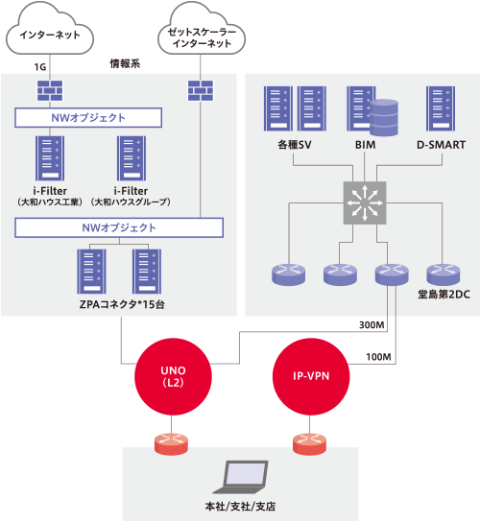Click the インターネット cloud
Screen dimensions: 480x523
click(x=50, y=30)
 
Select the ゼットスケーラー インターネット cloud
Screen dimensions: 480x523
click(x=202, y=31)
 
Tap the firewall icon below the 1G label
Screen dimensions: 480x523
click(x=50, y=90)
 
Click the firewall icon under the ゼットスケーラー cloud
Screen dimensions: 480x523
click(x=201, y=90)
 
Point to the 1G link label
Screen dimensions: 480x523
click(x=40, y=67)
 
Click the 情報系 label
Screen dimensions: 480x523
click(x=125, y=63)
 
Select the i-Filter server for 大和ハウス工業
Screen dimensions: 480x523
click(x=50, y=158)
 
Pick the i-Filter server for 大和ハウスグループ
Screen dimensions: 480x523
click(x=132, y=158)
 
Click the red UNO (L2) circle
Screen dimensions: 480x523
click(x=173, y=376)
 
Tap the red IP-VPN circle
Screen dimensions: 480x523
click(x=311, y=376)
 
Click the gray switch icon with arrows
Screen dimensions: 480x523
click(x=365, y=202)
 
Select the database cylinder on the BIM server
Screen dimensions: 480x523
click(x=384, y=117)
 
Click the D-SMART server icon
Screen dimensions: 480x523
click(x=441, y=108)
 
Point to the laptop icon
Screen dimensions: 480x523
click(x=241, y=477)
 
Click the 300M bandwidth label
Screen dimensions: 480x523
click(x=372, y=324)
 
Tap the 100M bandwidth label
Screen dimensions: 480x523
click(x=378, y=357)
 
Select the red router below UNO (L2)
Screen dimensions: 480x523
click(x=171, y=443)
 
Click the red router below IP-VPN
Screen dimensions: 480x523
click(x=309, y=443)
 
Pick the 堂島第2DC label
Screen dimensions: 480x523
click(x=444, y=295)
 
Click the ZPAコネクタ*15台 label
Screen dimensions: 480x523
click(x=122, y=304)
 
